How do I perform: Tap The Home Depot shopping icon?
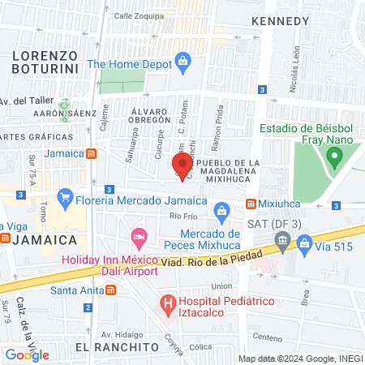tap(184, 61)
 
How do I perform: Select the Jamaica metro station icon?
tap(93, 154)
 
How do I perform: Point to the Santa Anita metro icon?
tap(110, 290)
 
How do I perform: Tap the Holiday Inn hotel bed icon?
tap(138, 238)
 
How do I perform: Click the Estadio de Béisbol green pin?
tap(333, 155)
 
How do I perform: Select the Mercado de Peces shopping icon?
tap(221, 212)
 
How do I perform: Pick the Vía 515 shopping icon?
tap(304, 242)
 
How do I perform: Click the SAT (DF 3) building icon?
tap(282, 238)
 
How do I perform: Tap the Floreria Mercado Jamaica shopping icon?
tap(66, 196)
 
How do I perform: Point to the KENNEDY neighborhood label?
tap(281, 21)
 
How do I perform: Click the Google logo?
tap(27, 354)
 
